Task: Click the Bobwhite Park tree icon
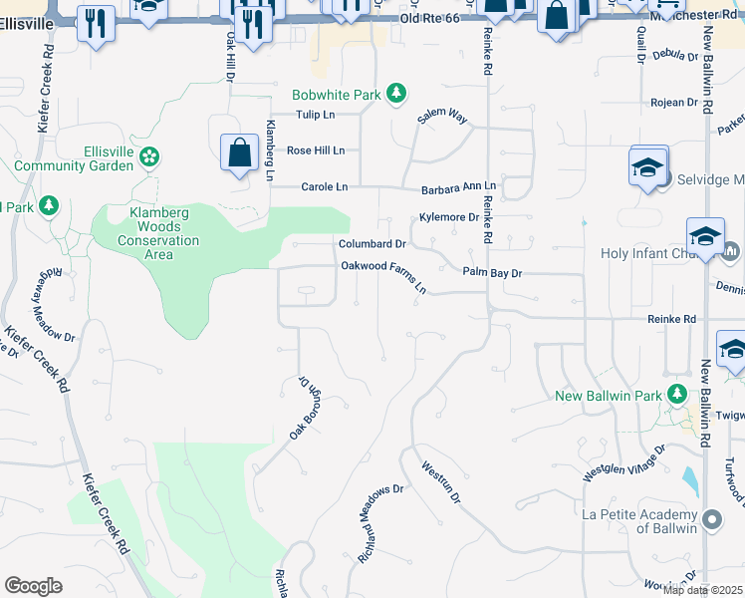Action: coord(396,95)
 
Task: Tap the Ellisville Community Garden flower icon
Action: coord(148,155)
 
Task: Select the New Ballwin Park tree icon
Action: coord(677,395)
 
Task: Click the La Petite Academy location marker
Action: coord(711,520)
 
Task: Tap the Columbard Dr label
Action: coord(372,243)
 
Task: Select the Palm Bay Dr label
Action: coord(492,272)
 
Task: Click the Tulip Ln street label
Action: coord(320,115)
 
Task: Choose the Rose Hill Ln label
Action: coord(315,150)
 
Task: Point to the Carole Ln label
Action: coord(325,186)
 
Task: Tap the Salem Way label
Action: coord(442,117)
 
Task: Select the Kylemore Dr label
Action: coord(449,216)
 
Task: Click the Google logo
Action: coord(33,585)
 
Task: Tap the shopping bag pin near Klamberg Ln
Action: coord(239,154)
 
